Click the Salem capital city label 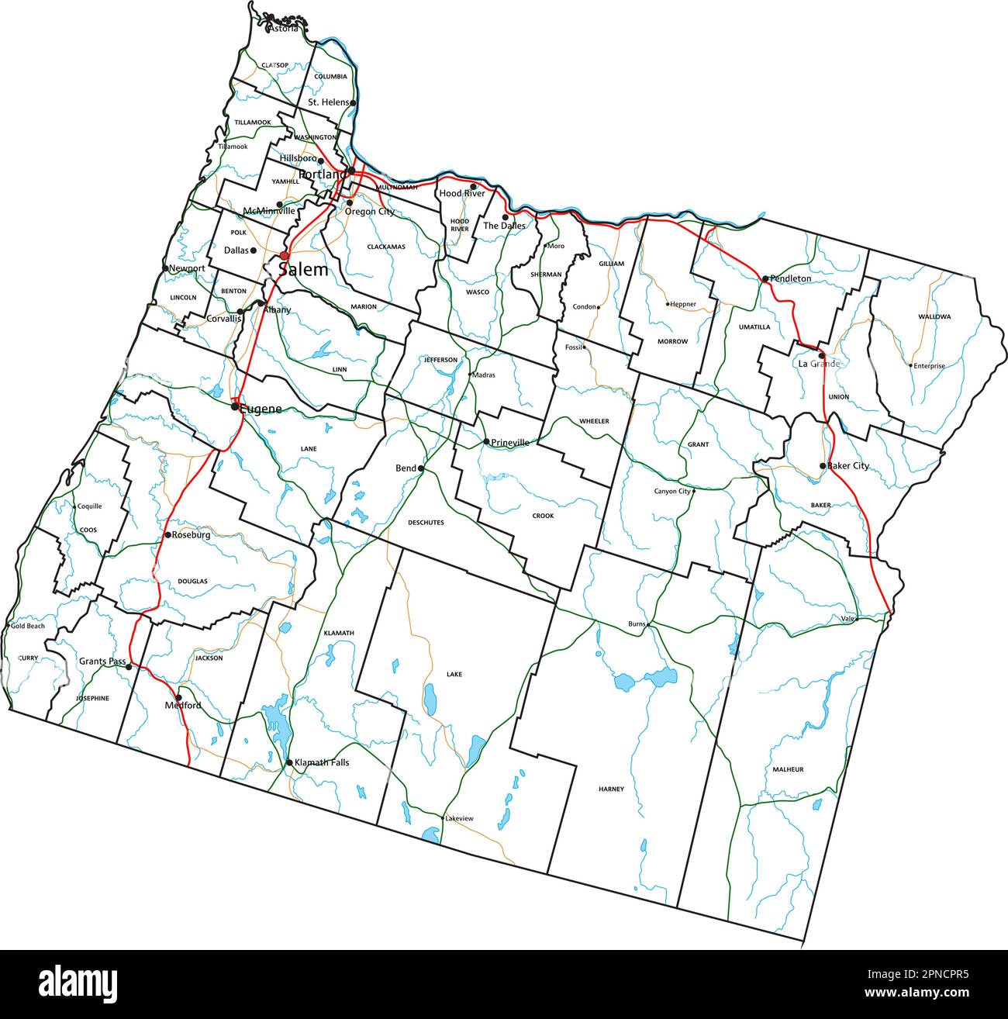[x=303, y=270]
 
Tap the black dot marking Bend [x=421, y=468]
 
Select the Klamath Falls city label [x=322, y=762]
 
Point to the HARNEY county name [x=611, y=789]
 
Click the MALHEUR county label [x=788, y=769]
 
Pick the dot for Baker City [x=823, y=466]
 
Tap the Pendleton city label [x=791, y=278]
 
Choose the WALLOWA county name [x=934, y=316]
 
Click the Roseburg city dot [x=167, y=535]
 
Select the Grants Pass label [x=102, y=661]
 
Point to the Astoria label [x=283, y=29]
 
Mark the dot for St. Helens [x=353, y=102]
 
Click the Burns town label [x=637, y=624]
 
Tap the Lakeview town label [x=459, y=819]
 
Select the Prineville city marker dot [x=486, y=442]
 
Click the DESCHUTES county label [x=426, y=523]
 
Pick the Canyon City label [x=672, y=491]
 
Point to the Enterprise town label [x=929, y=366]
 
